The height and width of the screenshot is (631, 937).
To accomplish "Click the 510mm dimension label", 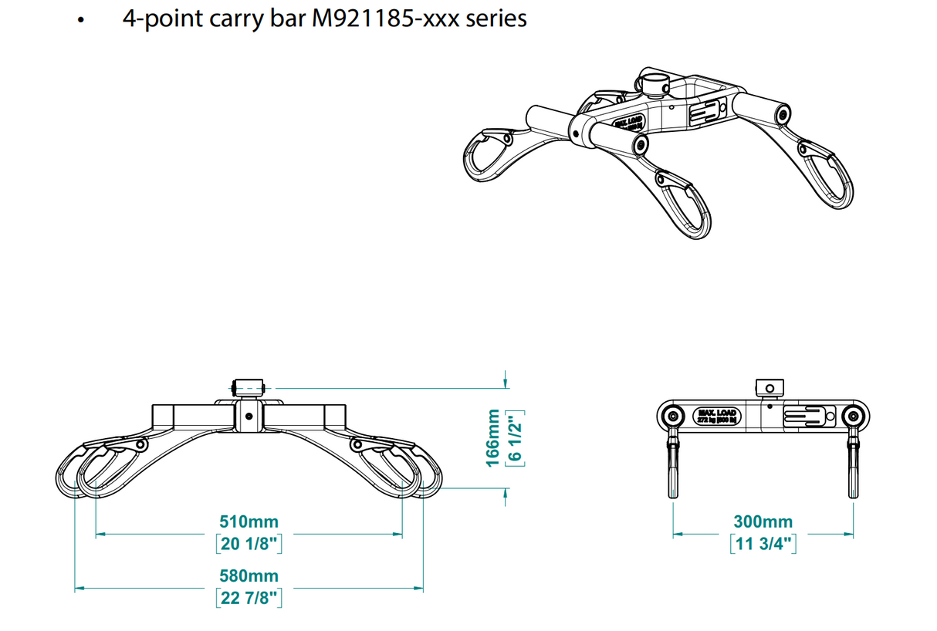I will point(248,522).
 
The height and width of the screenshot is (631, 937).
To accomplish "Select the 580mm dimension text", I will point(248,576).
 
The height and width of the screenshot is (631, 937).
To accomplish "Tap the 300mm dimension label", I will point(763,522).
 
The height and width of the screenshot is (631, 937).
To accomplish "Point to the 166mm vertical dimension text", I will point(492,437).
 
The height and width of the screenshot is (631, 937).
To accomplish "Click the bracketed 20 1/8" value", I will point(248,543).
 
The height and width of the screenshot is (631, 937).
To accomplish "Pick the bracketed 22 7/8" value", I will point(248,597).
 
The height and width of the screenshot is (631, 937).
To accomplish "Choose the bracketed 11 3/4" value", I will point(763,543).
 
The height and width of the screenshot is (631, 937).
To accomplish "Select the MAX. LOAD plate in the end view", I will point(717,417).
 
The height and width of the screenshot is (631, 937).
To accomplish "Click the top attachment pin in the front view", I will point(249,386).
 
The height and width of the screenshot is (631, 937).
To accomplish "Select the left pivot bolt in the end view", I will point(674,417).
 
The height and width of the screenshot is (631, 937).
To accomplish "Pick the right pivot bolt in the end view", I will point(853,417).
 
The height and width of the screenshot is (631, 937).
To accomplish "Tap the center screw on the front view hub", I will point(249,416).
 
